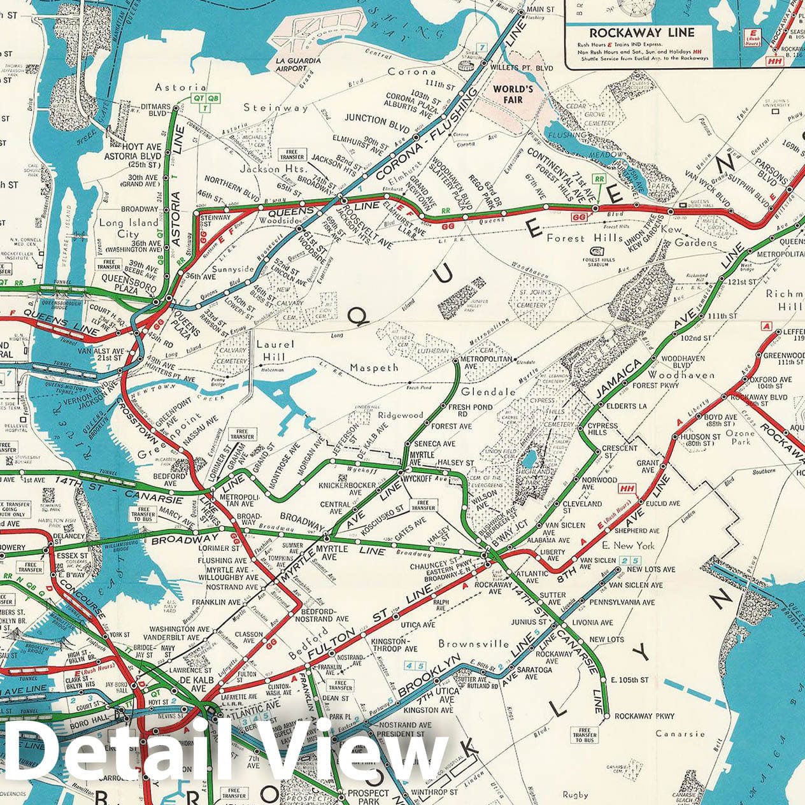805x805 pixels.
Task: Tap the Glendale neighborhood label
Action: tap(488, 392)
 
